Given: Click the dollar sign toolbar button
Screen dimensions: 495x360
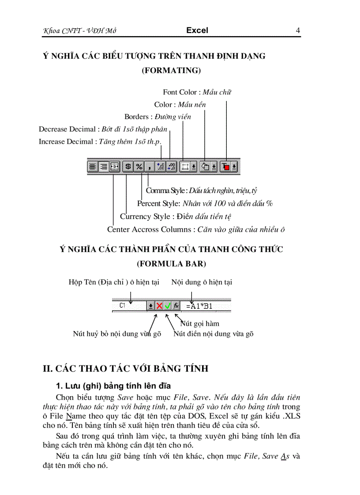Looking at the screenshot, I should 128,167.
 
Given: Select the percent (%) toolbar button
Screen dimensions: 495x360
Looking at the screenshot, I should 139,167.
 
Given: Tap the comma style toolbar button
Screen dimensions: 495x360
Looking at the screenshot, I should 150,167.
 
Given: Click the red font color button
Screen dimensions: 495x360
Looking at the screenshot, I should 226,167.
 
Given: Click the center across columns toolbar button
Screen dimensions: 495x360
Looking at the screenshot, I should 114,167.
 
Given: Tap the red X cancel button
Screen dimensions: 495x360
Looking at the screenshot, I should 159,305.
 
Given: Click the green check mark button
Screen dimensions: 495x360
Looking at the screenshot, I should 168,305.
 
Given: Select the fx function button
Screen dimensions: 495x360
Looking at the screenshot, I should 176,305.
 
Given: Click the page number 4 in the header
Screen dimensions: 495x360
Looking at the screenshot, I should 298,30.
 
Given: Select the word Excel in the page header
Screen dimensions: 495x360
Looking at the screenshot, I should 197,30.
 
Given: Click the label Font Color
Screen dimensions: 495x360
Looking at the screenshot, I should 180,92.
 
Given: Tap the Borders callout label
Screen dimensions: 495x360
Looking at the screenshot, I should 136,117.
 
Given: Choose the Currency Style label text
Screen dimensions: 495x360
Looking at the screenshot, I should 145,216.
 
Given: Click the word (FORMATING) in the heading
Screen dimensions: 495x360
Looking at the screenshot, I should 171,71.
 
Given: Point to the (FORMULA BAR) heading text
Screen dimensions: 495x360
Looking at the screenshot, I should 171,264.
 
